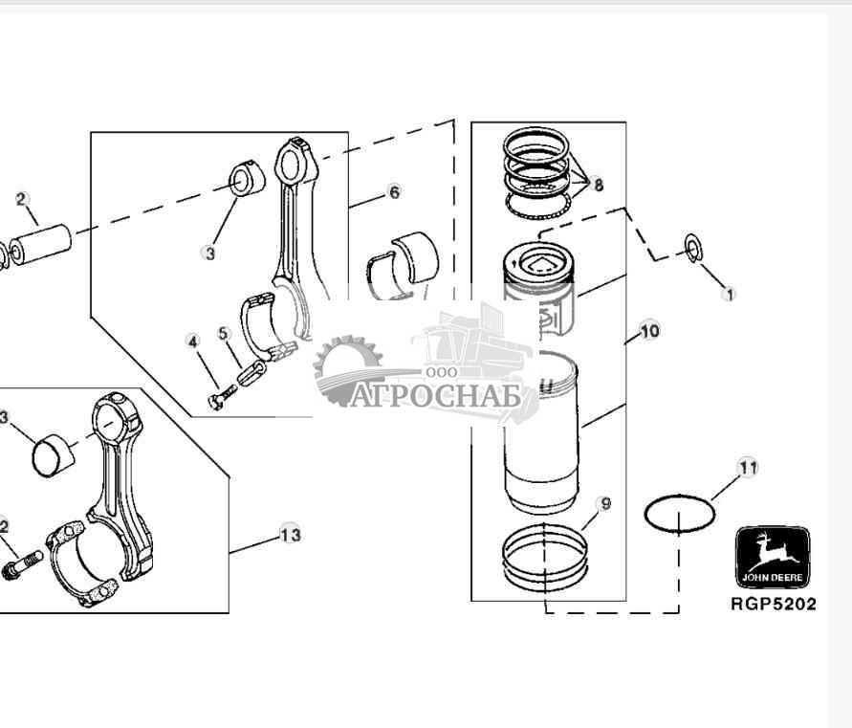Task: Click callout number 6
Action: [x=394, y=192]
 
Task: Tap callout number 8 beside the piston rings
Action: [x=599, y=186]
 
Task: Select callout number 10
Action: [x=649, y=332]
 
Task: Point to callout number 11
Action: [x=748, y=468]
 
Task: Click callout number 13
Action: [x=290, y=534]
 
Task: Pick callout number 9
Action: [x=602, y=503]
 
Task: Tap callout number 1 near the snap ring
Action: [x=730, y=295]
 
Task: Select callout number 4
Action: [x=193, y=341]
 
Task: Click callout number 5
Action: [x=224, y=334]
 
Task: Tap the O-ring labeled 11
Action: [x=680, y=514]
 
